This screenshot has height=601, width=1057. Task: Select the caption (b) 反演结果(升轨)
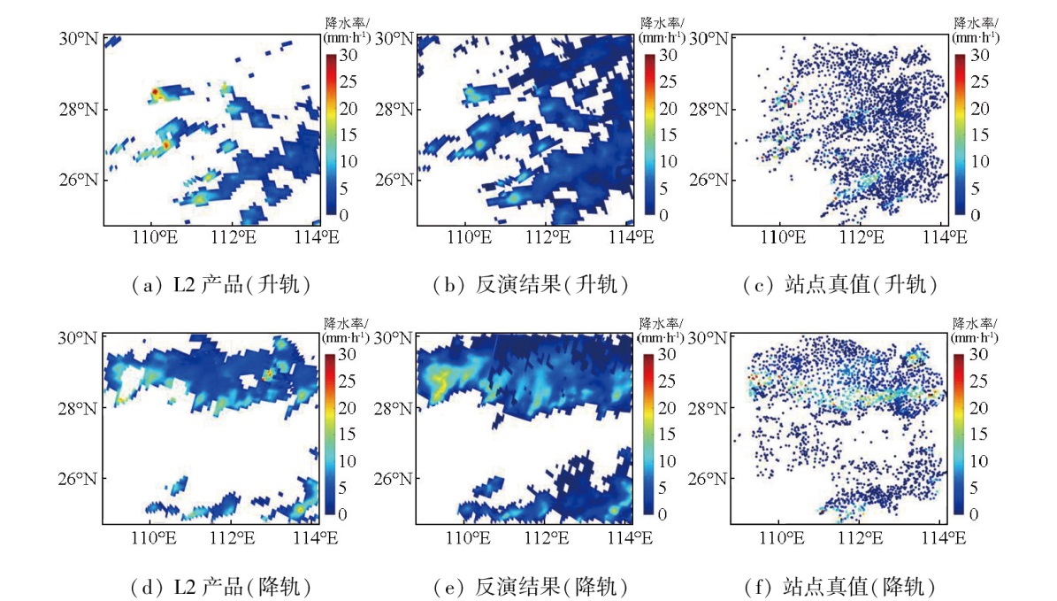(x=531, y=285)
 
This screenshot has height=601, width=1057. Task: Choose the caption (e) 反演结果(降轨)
(x=531, y=586)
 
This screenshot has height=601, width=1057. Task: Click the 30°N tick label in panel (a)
(x=78, y=38)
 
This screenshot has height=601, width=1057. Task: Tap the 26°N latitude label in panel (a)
(x=78, y=180)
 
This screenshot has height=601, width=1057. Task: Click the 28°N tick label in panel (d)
(x=78, y=408)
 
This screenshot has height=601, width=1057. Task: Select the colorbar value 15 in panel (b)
(x=670, y=135)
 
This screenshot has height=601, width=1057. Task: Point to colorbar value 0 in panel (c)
(x=975, y=214)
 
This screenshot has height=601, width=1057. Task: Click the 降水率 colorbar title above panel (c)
(x=975, y=21)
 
